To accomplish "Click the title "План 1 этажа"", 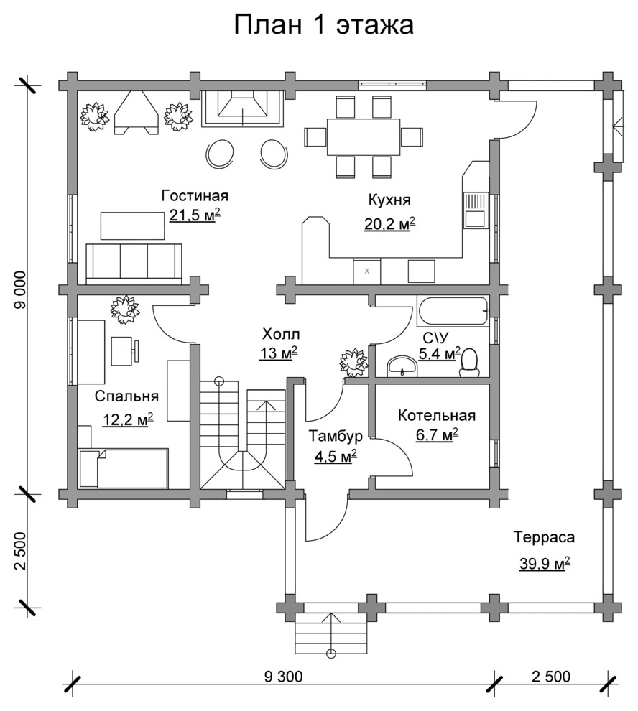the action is pyautogui.click(x=323, y=25).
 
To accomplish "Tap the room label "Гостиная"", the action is pyautogui.click(x=195, y=196).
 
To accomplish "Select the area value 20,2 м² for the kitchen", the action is pyautogui.click(x=390, y=223).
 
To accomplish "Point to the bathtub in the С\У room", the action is pyautogui.click(x=453, y=311).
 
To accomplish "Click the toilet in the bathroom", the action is pyautogui.click(x=470, y=363).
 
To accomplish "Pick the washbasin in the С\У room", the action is pyautogui.click(x=402, y=366).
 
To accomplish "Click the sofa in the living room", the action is pyautogui.click(x=134, y=264).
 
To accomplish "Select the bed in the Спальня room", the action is pyautogui.click(x=124, y=468).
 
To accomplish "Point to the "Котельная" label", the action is pyautogui.click(x=437, y=415).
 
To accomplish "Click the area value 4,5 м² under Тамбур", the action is pyautogui.click(x=336, y=456).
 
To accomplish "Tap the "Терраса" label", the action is pyautogui.click(x=544, y=537).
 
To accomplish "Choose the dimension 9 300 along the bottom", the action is pyautogui.click(x=282, y=677).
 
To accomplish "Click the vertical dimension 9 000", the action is pyautogui.click(x=21, y=289).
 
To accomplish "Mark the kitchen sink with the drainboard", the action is pyautogui.click(x=475, y=210).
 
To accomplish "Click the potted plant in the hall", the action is pyautogui.click(x=354, y=362).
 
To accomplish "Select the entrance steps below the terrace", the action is pyautogui.click(x=330, y=634).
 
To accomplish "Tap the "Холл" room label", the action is pyautogui.click(x=281, y=335).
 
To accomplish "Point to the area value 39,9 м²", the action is pyautogui.click(x=545, y=564).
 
